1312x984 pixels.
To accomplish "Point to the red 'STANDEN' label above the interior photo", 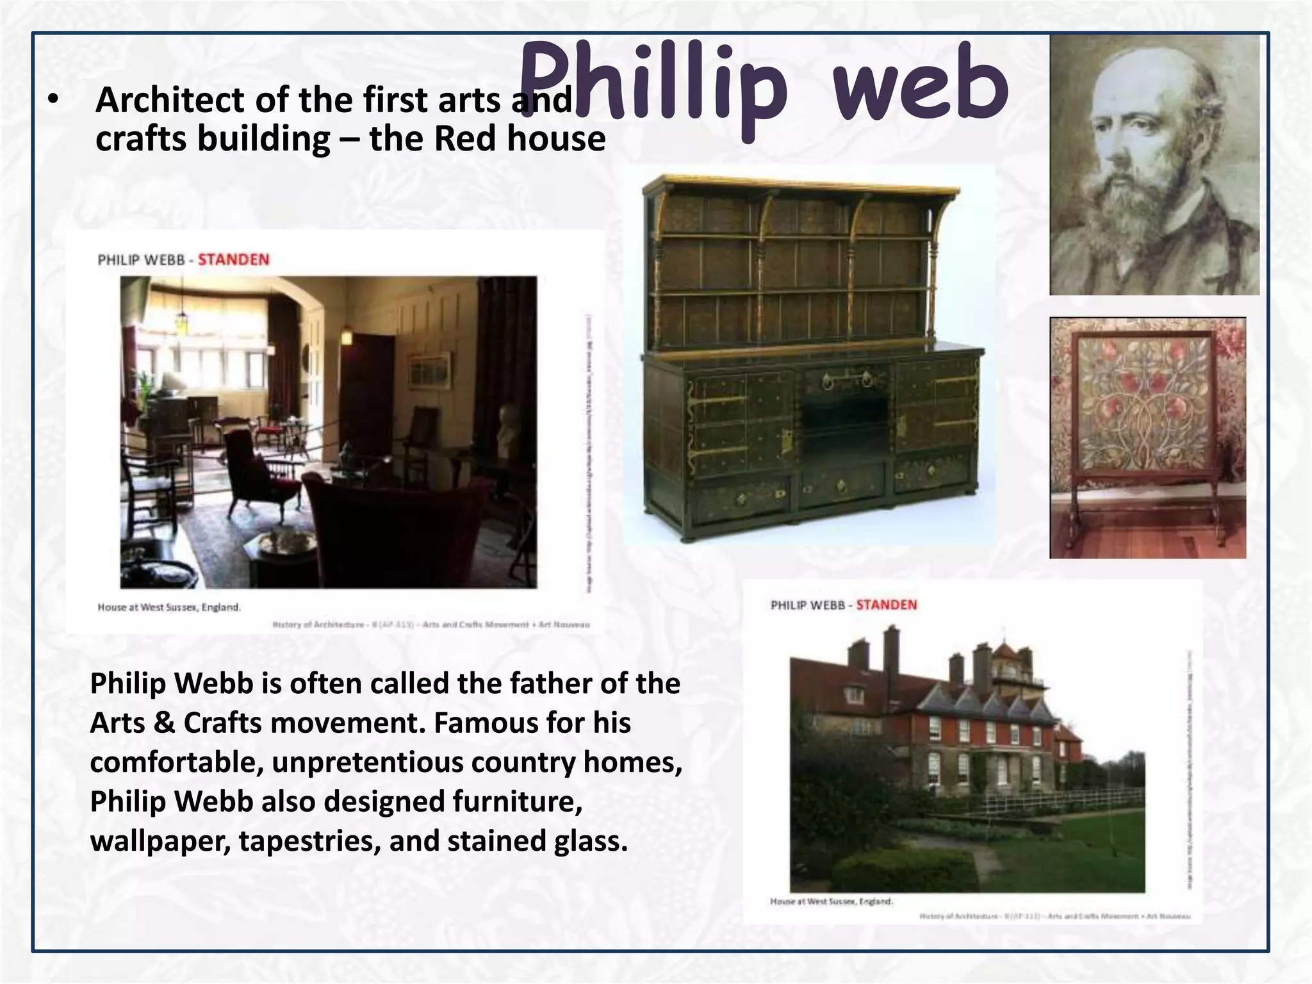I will (233, 259).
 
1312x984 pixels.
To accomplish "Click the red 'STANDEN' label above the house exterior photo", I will (886, 605).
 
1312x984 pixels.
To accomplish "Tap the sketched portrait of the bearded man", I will (1153, 165).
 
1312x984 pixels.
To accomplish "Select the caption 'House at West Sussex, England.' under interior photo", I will (169, 607).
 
